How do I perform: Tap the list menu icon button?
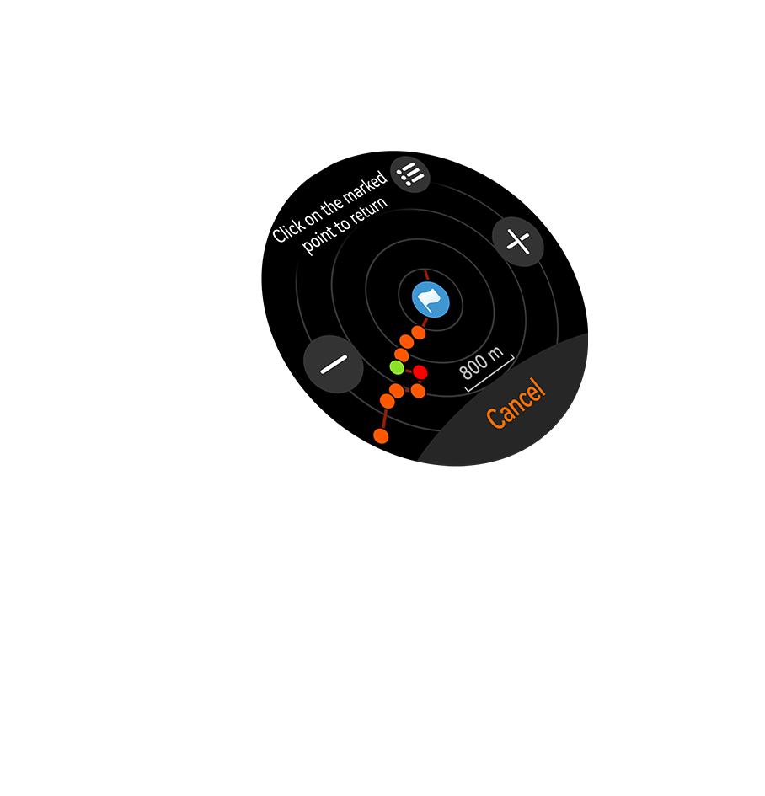(410, 174)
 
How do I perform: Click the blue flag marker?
(431, 299)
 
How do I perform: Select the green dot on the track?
(397, 367)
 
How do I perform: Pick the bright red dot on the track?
(420, 372)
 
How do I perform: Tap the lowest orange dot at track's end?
(381, 435)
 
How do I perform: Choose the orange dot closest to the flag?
(419, 333)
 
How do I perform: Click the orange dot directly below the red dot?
(418, 391)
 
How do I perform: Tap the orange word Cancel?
(516, 403)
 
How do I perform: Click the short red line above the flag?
(426, 275)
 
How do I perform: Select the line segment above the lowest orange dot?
(384, 418)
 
